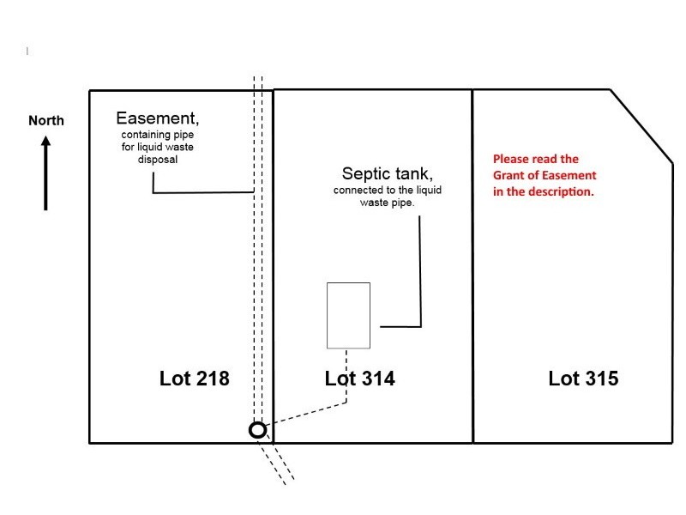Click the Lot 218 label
195,378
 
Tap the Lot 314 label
360,378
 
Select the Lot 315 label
583,378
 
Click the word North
46,121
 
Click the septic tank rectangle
348,315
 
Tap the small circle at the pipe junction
257,430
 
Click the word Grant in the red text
511,175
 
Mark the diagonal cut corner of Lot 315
641,124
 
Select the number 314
377,378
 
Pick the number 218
212,378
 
